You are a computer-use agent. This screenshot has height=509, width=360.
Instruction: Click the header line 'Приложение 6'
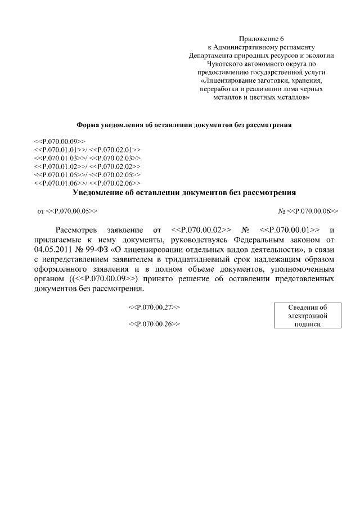click(262, 38)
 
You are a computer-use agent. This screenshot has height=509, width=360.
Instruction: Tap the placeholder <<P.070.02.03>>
click(115, 158)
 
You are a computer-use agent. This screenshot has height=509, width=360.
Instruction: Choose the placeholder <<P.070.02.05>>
click(115, 175)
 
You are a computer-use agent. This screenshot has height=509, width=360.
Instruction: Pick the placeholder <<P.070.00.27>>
click(154, 308)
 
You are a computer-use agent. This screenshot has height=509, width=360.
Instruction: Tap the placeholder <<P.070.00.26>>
click(154, 325)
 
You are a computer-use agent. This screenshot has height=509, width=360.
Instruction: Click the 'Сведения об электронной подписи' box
click(307, 316)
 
